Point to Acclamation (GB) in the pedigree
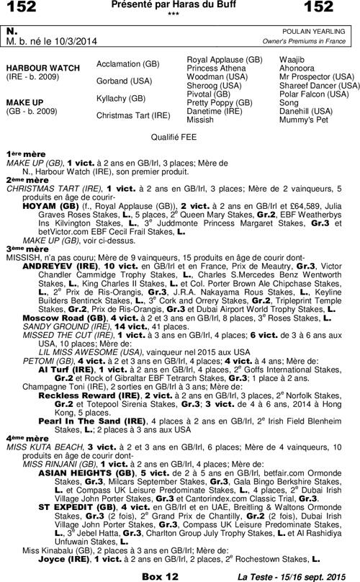pos(128,63)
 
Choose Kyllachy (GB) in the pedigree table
pos(121,97)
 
